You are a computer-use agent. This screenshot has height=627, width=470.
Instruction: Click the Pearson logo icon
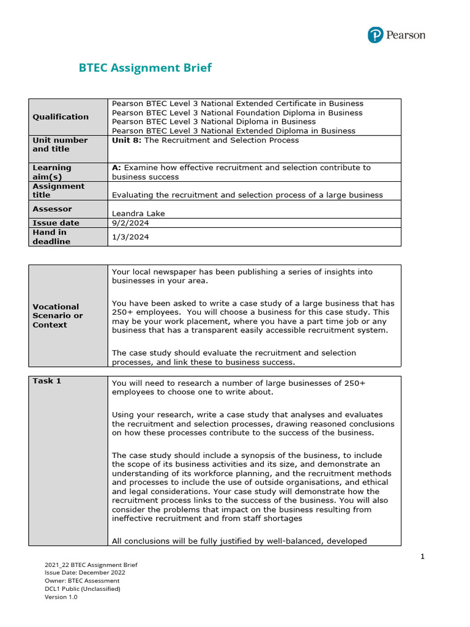[376, 35]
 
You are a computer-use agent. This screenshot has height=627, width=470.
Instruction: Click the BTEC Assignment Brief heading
[145, 68]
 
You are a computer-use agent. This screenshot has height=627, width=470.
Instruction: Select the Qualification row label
[61, 117]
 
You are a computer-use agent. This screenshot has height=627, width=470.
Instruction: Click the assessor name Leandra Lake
[138, 213]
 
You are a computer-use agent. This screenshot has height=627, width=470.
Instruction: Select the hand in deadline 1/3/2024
[130, 237]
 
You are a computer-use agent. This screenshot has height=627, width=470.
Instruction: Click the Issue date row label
[56, 223]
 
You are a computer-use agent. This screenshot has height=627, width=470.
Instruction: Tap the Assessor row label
[52, 209]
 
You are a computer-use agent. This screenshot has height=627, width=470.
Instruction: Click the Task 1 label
[47, 381]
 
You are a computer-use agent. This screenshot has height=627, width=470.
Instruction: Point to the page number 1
[422, 556]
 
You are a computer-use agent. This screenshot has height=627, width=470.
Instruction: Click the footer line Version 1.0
[61, 597]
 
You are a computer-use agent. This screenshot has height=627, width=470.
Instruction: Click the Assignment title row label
[59, 190]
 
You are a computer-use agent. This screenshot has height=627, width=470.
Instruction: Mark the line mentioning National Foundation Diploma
[237, 113]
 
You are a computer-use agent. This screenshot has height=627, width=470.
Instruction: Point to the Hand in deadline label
[51, 237]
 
